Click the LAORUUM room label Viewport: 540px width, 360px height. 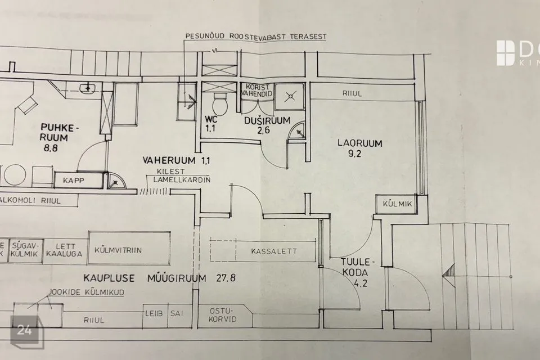pos(359,143)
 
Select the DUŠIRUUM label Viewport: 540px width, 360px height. pos(267,120)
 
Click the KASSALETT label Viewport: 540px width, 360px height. pos(274,251)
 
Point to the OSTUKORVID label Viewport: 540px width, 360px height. pos(222,314)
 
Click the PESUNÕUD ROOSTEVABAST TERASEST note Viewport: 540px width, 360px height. pos(256,36)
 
